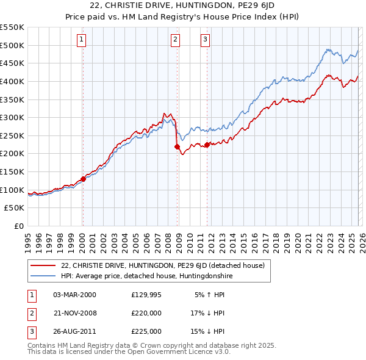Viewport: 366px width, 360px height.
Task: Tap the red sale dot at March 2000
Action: (x=84, y=179)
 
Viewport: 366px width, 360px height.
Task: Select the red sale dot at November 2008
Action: (x=177, y=146)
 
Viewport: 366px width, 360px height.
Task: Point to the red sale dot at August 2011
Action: (x=207, y=145)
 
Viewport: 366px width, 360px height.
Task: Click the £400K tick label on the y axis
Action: (x=12, y=81)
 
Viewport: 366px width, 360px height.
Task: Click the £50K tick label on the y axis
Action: (x=15, y=208)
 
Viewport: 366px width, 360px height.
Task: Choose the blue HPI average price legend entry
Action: (x=147, y=276)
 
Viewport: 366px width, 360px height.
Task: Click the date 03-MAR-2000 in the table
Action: (x=74, y=295)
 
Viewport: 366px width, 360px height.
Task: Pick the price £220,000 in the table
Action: (x=146, y=313)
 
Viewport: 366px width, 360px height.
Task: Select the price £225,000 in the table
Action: (x=146, y=331)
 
